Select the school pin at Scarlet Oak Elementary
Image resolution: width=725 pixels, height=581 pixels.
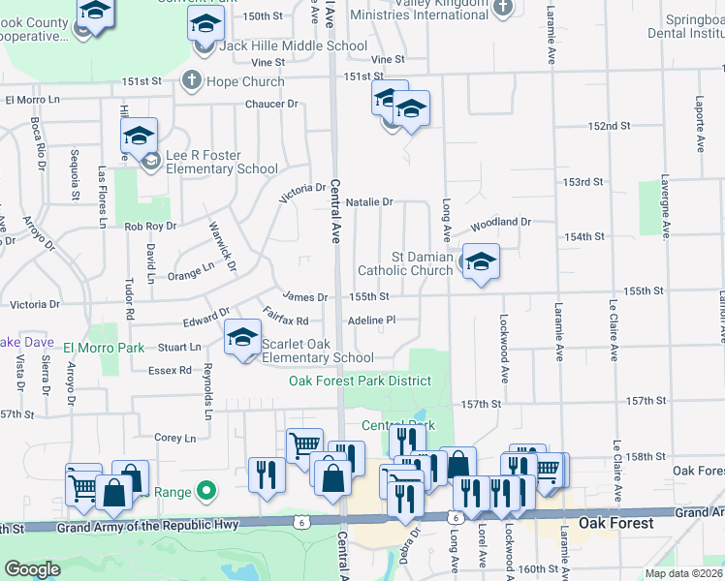click(x=241, y=340)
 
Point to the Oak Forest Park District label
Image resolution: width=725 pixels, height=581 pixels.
click(x=360, y=381)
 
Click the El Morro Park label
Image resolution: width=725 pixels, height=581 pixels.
click(x=104, y=348)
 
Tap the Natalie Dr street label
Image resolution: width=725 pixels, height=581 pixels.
click(x=368, y=202)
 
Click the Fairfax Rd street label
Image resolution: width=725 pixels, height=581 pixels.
click(x=285, y=315)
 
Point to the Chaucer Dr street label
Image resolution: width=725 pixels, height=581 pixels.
click(x=271, y=104)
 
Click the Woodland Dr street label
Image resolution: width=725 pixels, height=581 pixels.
click(x=501, y=223)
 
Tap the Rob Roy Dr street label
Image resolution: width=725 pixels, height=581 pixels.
click(x=150, y=226)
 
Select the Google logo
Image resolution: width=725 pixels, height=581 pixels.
click(x=32, y=569)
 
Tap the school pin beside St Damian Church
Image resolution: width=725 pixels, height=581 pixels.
click(x=481, y=262)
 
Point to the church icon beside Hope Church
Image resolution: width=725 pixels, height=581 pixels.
click(x=191, y=80)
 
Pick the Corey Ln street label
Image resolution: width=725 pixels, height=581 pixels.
click(x=174, y=438)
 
